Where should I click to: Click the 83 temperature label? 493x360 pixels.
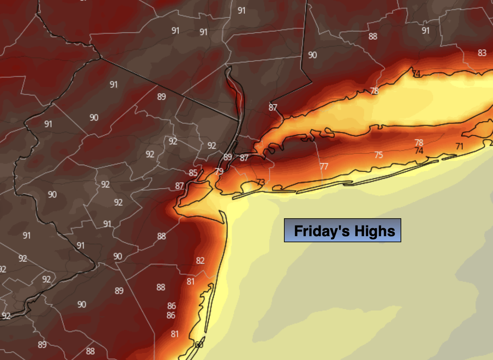[x=482, y=53]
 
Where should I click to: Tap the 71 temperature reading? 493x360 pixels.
[x=459, y=146]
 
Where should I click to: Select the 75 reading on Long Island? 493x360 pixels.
[x=378, y=155]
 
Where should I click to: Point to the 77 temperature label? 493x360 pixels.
[x=324, y=166]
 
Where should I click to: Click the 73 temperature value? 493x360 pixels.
[x=261, y=182]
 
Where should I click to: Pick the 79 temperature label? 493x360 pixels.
[x=219, y=172]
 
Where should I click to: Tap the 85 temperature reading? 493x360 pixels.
[x=193, y=173]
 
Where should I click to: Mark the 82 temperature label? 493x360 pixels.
[x=200, y=261]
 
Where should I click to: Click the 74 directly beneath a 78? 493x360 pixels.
[x=419, y=151]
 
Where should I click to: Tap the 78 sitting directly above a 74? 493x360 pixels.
[x=419, y=143]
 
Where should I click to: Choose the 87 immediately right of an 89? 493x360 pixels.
[x=244, y=157]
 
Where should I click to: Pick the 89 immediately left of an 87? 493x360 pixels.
[x=228, y=157]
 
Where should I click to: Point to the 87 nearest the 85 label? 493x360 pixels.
[x=180, y=186]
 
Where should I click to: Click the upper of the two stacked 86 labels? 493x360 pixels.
[x=172, y=306]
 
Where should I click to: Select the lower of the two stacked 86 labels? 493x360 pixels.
[x=171, y=316]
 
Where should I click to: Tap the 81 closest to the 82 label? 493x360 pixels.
[x=191, y=282]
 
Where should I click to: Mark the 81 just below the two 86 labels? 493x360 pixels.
[x=175, y=334]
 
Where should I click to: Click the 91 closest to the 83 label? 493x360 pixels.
[x=426, y=31]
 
